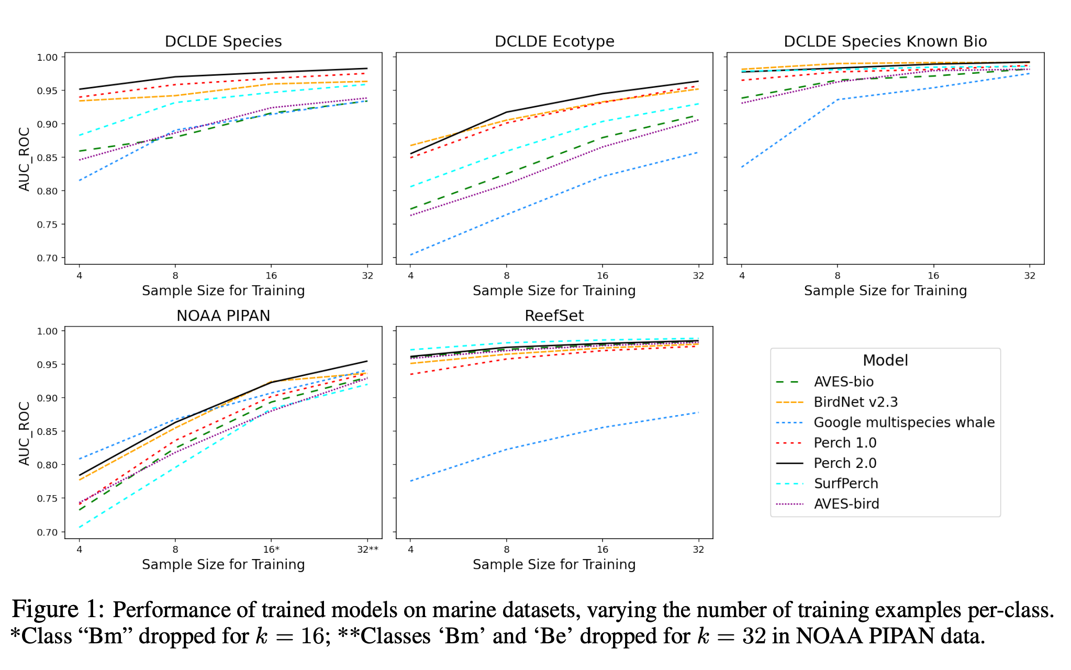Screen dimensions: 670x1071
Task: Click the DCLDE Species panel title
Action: click(223, 41)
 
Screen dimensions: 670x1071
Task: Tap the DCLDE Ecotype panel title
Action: click(554, 41)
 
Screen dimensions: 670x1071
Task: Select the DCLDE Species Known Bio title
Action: click(885, 41)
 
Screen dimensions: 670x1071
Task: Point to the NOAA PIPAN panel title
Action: click(223, 316)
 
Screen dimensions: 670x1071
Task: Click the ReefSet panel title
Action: click(554, 316)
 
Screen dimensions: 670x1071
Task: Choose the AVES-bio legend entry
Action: click(843, 382)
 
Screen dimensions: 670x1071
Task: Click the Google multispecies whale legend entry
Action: click(903, 422)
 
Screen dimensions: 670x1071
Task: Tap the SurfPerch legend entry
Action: click(846, 484)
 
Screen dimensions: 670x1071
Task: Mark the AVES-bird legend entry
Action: click(846, 504)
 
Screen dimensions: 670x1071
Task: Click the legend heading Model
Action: click(885, 360)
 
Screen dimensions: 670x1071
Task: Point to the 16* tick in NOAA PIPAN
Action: click(271, 550)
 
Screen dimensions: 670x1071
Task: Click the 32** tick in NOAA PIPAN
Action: click(368, 550)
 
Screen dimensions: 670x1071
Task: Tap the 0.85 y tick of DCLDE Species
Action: click(48, 158)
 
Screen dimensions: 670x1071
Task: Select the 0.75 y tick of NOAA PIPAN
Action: click(48, 498)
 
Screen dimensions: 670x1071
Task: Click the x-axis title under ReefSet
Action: click(554, 564)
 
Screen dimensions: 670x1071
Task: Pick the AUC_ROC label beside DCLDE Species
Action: click(24, 159)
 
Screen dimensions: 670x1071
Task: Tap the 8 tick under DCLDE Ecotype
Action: click(507, 276)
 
